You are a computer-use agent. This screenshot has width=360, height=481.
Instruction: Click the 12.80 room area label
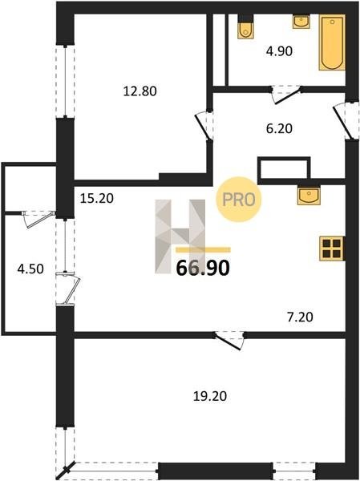(140, 91)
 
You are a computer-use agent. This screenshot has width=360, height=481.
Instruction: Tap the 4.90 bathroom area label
(279, 51)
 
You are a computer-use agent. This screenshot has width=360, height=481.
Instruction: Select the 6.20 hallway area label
(279, 128)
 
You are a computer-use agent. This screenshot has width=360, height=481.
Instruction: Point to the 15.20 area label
(97, 199)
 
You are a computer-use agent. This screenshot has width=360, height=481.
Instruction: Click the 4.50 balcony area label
(30, 269)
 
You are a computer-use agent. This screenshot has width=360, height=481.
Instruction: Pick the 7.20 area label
(300, 317)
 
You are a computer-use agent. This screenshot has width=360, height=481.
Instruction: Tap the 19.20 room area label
(210, 396)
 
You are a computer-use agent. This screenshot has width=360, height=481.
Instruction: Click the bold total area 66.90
(203, 268)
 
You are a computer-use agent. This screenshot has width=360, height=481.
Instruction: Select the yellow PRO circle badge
(239, 200)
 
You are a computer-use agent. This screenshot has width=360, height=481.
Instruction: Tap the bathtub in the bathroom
(332, 42)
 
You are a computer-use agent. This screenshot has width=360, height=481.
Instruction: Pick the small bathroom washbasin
(301, 22)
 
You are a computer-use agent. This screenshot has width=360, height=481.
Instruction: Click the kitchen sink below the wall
(309, 196)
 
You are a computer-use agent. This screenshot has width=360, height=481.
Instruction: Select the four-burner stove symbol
(332, 249)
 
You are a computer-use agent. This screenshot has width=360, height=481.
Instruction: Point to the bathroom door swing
(286, 95)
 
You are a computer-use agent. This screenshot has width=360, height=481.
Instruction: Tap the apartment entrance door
(346, 121)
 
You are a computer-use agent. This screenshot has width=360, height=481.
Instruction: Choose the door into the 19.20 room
(229, 341)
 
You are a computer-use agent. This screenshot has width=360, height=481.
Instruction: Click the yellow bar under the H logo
(203, 249)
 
